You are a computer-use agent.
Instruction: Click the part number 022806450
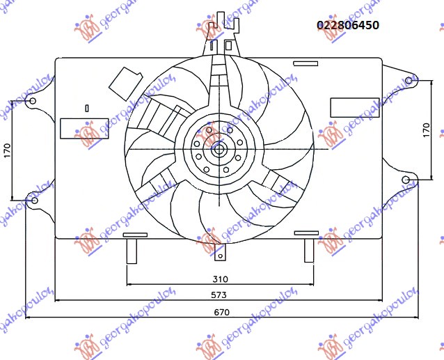coord(348,25)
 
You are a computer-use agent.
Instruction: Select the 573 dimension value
coord(220,295)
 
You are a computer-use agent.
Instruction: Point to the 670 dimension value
coord(222,312)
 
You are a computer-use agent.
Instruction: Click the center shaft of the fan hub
coord(219,148)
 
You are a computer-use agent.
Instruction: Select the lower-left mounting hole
coord(34,201)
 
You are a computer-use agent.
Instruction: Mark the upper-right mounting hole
coord(410,81)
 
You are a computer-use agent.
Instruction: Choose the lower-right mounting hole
coord(407,180)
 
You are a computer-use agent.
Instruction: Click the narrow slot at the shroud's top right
coord(306,64)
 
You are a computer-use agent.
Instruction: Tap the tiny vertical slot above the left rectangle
coord(86,108)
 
